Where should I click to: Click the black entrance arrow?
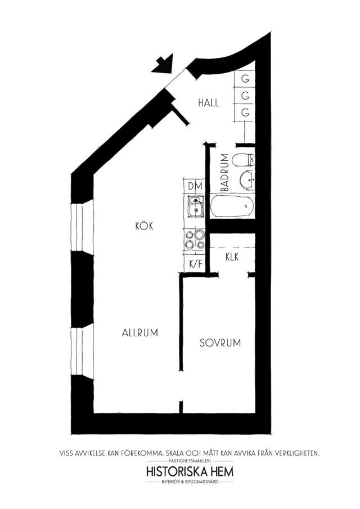(x=163, y=64)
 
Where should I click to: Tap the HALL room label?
(x=209, y=103)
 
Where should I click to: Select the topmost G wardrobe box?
(x=245, y=79)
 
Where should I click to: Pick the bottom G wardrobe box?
(x=245, y=112)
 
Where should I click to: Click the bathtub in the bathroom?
(x=232, y=206)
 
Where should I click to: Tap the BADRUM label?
(x=224, y=172)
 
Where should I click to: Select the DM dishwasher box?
(x=195, y=186)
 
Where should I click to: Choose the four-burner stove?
(x=195, y=240)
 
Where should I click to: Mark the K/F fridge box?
(x=195, y=264)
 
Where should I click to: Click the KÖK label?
(x=144, y=226)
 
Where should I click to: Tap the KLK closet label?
(x=232, y=257)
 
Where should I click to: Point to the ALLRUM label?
(x=140, y=333)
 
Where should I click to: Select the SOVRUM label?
(x=220, y=343)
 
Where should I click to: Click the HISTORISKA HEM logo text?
(x=190, y=471)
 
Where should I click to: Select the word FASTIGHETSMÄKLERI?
(x=190, y=461)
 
